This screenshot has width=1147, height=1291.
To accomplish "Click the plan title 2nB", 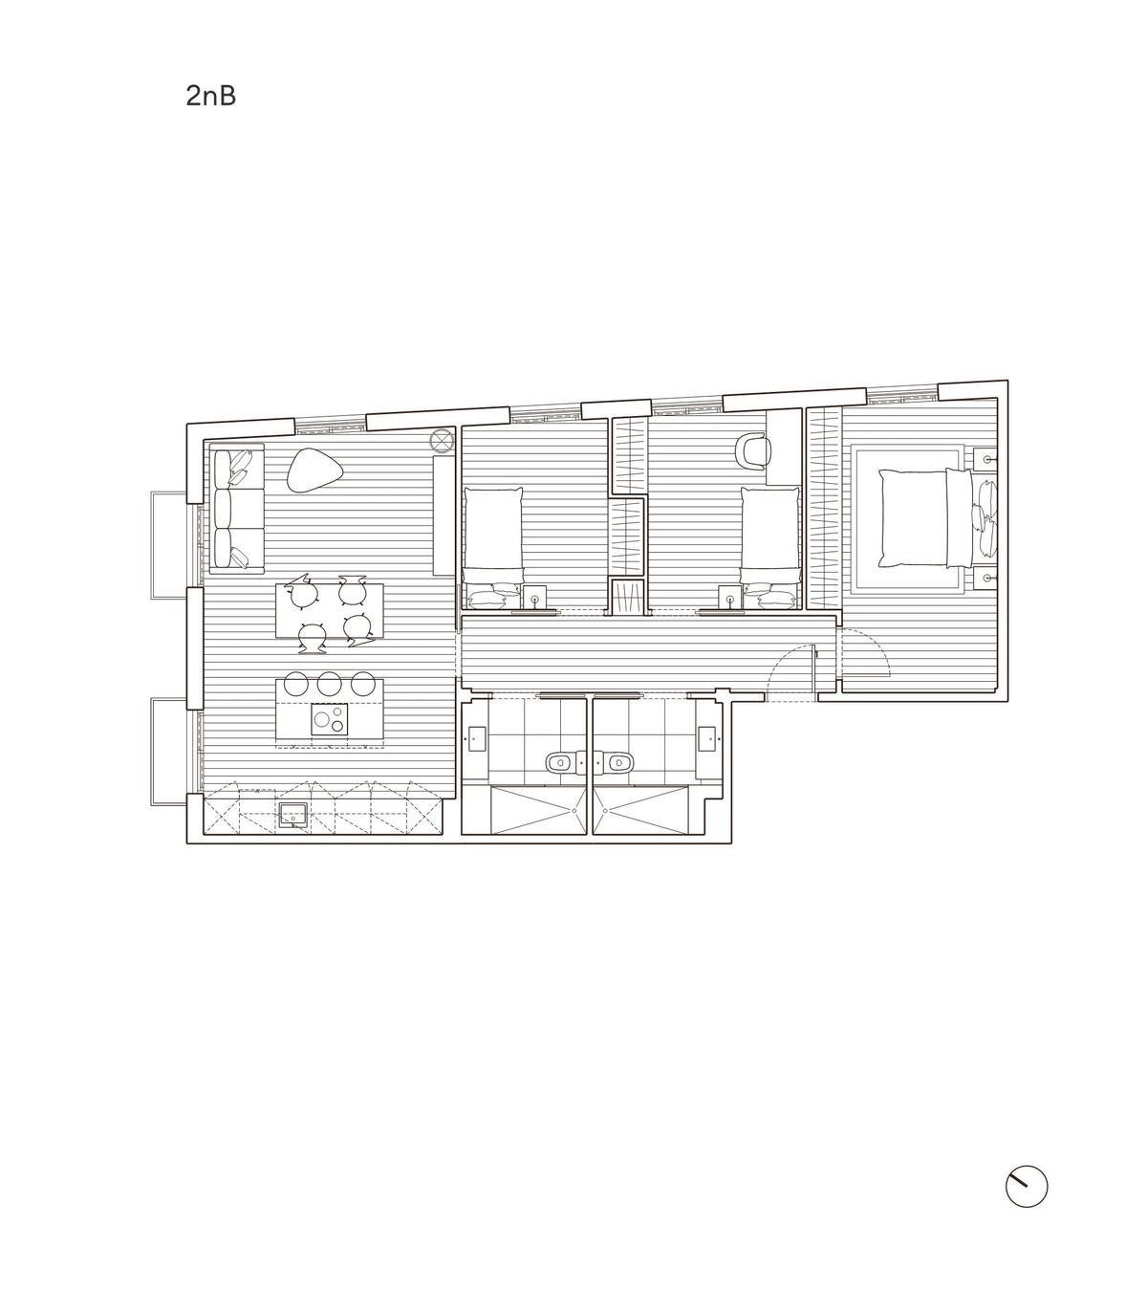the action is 211,97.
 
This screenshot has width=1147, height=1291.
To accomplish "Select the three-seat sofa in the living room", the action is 237,509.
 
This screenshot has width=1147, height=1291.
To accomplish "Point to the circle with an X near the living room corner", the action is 442,440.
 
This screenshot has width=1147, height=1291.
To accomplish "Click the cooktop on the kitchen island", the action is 329,719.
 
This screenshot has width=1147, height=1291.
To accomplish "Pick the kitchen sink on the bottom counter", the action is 293,815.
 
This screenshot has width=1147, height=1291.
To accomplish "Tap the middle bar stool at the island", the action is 329,683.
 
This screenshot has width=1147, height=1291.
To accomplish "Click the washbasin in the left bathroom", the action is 476,738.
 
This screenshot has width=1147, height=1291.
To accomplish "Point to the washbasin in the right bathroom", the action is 707,738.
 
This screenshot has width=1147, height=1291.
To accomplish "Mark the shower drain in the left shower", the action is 574,810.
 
